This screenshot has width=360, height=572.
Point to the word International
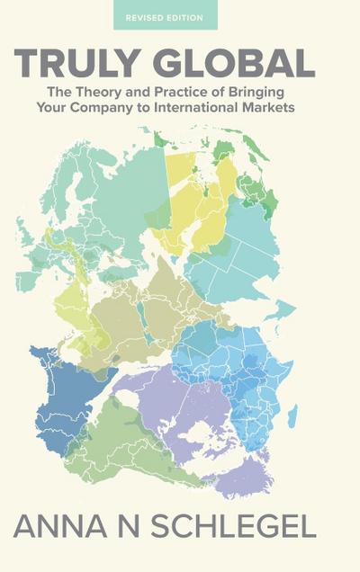click(x=220, y=110)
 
